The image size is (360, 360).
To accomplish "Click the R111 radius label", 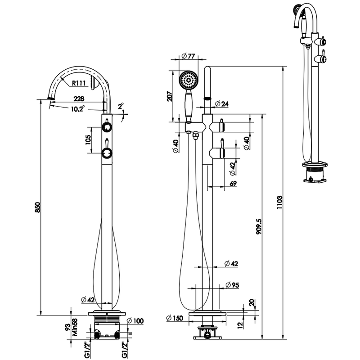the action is [79, 83].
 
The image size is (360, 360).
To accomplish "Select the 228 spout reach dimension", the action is [79, 99].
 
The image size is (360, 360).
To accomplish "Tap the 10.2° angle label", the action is [77, 108].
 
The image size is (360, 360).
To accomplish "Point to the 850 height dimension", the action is [38, 207].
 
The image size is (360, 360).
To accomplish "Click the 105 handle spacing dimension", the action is [88, 139].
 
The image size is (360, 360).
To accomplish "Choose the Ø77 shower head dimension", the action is [188, 56].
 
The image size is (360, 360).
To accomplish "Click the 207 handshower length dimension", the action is [169, 96].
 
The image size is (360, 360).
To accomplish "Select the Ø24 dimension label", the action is [222, 104].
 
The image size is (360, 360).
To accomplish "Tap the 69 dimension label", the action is [233, 183].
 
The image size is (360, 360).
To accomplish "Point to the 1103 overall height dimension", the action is [279, 202].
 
